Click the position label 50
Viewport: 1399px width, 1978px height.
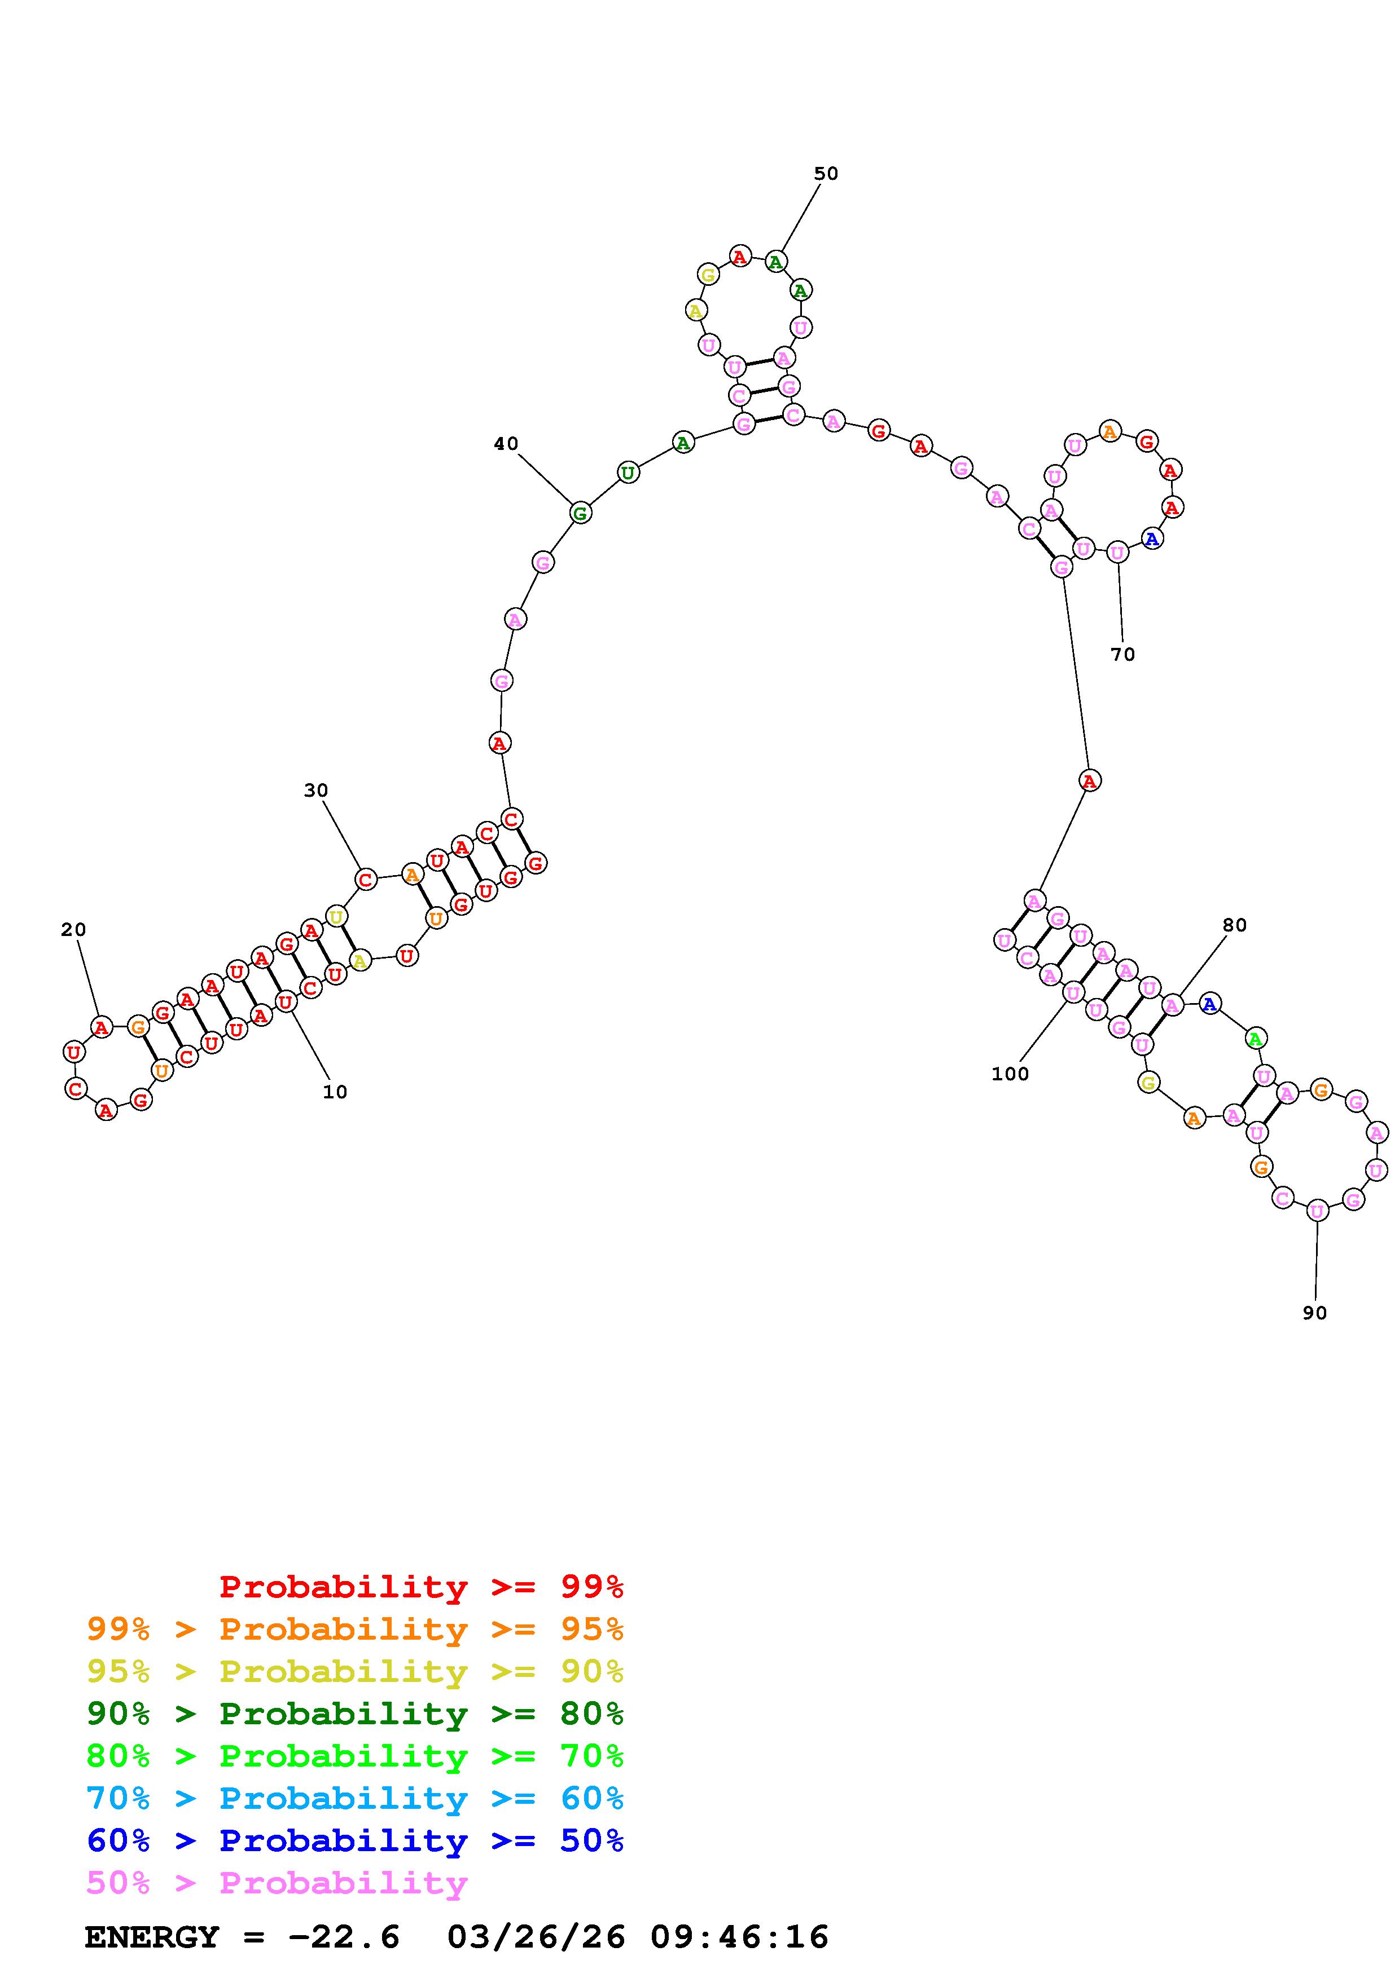point(826,174)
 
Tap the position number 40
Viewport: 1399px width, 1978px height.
point(506,444)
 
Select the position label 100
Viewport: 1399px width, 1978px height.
point(1010,1074)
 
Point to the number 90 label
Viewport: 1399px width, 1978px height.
point(1314,1313)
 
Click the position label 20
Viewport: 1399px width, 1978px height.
point(73,930)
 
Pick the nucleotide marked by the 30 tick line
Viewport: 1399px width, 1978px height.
point(366,880)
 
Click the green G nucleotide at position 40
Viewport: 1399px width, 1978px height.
point(581,514)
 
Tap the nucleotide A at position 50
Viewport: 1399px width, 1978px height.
point(776,262)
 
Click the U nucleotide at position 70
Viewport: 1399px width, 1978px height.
point(1117,552)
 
